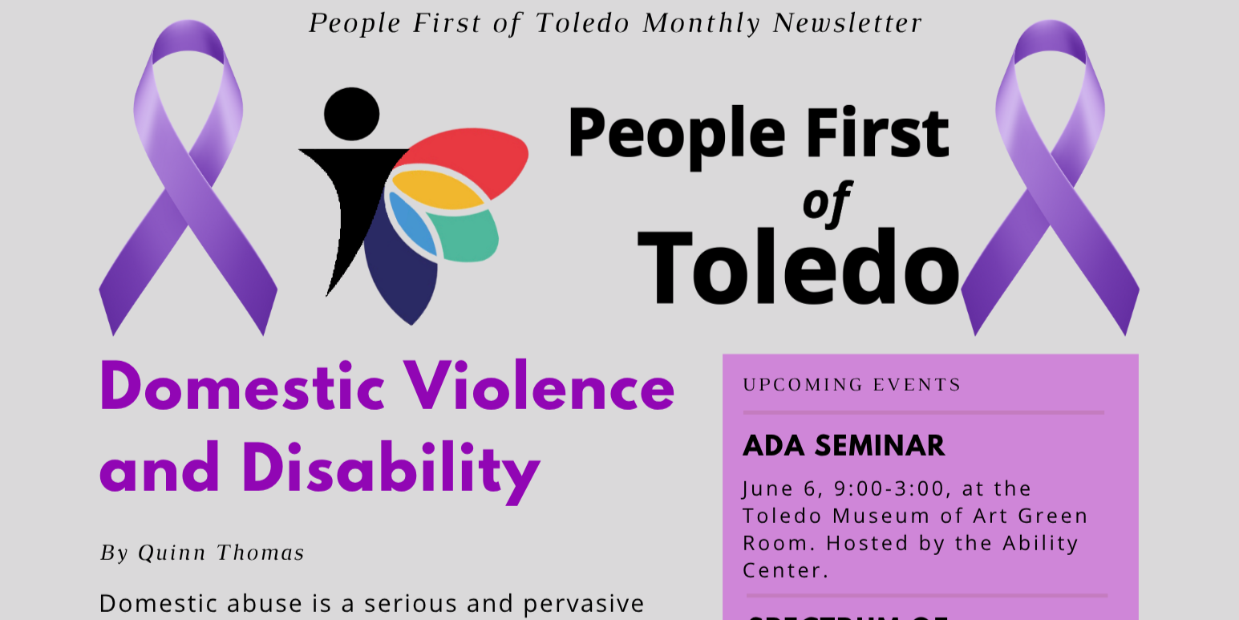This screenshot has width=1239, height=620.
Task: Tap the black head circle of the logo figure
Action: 352,114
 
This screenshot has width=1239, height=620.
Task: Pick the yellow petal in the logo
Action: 437,190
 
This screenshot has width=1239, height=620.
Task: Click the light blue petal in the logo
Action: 412,224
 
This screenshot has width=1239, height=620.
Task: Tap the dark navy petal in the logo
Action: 401,271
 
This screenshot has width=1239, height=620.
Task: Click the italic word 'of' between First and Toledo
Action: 826,203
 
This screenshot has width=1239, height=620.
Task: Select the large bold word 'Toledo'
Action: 799,266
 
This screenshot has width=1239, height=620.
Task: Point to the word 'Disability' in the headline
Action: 391,472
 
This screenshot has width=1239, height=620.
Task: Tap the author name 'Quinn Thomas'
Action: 221,553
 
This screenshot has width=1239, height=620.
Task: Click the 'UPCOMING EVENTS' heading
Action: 852,384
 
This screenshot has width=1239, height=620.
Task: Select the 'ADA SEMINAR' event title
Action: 844,446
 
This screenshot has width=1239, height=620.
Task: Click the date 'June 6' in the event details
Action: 784,489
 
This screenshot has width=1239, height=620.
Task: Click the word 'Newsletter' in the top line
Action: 848,23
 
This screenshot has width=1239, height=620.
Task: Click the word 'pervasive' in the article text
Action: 584,604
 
